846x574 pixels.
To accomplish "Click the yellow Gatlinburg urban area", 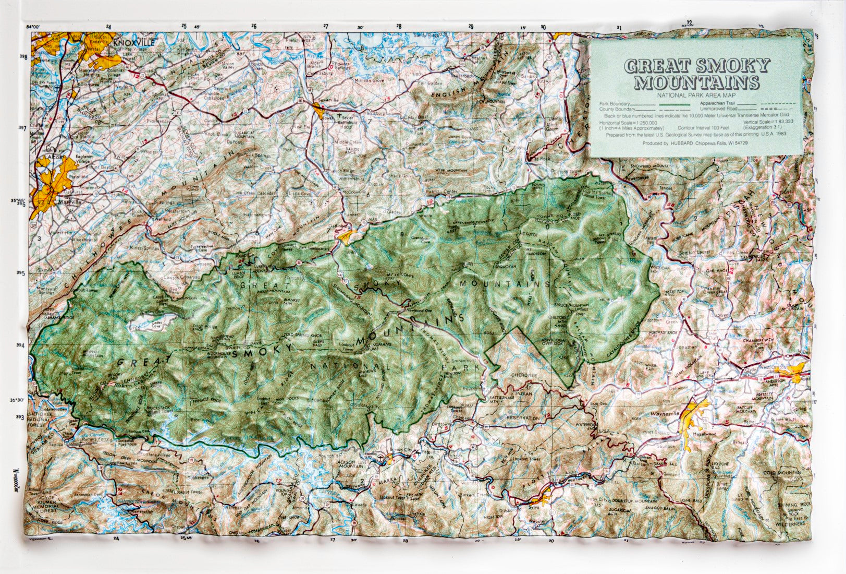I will (346, 236).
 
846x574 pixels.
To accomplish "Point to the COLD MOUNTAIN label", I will (781, 472).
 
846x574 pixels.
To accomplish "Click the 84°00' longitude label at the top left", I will (33, 27).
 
